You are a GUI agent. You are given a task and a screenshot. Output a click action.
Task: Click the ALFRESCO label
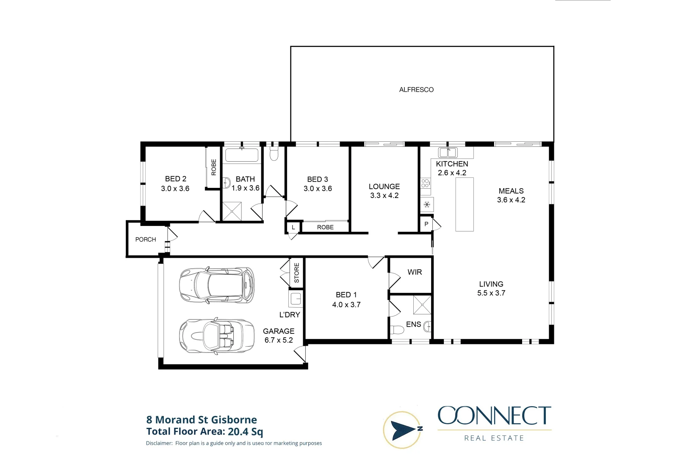(416, 90)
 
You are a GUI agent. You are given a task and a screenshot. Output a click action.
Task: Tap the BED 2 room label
(175, 179)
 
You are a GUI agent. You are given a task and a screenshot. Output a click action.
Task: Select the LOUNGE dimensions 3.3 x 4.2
(384, 195)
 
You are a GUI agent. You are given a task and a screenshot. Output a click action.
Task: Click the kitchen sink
(448, 152)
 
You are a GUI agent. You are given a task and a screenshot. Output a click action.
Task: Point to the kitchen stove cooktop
(426, 183)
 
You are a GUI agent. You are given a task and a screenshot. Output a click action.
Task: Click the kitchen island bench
(465, 204)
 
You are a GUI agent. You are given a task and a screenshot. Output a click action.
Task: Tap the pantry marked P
(426, 224)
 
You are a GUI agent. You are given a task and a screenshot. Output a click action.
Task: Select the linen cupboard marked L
(293, 227)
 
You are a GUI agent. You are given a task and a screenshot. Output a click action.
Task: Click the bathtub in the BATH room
(242, 155)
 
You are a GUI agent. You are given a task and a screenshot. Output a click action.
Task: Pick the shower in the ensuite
(422, 305)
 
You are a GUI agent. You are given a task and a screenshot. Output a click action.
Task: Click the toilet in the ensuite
(398, 330)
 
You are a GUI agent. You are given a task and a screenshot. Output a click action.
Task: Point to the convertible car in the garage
(217, 336)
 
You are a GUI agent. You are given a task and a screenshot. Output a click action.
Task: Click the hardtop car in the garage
(217, 285)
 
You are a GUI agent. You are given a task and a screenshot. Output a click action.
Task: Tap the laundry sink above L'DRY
(296, 299)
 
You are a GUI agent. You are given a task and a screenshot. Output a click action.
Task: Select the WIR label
(415, 272)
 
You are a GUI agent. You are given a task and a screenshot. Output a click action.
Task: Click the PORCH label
(146, 240)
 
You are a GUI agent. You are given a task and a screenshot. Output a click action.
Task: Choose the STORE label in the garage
(296, 273)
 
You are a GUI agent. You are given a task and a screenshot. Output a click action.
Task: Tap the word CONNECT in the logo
(494, 416)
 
